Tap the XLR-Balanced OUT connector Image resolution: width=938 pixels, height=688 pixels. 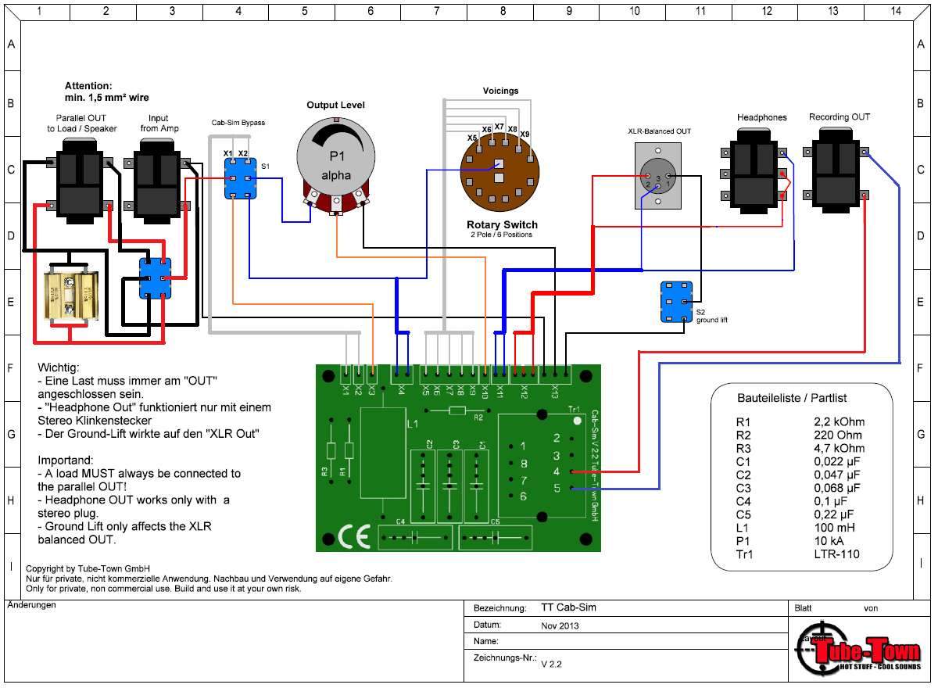tap(658, 176)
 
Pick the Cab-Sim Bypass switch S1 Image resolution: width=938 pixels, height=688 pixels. tap(239, 178)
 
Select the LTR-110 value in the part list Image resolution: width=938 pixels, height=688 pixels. tap(836, 554)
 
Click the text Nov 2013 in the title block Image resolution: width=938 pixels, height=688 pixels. tap(560, 626)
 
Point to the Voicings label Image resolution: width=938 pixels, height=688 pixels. tap(500, 91)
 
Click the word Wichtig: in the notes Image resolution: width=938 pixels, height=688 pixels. tap(59, 367)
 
